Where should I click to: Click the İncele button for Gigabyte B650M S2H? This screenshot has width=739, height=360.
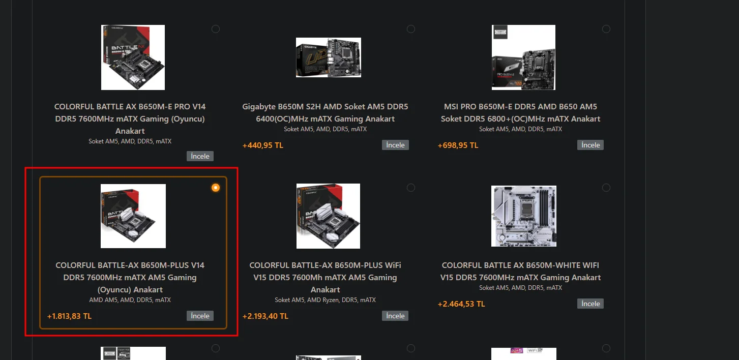click(x=395, y=145)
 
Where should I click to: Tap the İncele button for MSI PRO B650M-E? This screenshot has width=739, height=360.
click(x=590, y=145)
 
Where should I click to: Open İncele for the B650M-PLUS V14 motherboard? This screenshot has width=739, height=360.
click(x=200, y=316)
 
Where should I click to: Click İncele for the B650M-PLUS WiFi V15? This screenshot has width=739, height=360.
click(x=395, y=316)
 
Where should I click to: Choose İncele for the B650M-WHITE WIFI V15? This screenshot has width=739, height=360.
click(x=590, y=304)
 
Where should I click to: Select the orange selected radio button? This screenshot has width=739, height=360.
click(x=216, y=188)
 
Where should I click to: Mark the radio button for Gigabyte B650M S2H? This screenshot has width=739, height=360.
click(x=411, y=29)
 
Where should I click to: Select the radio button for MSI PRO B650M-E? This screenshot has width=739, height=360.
click(x=606, y=29)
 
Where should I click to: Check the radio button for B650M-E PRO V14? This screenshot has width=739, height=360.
click(x=216, y=29)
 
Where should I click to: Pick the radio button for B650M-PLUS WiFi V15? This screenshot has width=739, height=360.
click(x=411, y=188)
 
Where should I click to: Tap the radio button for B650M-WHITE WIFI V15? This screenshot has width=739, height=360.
click(x=606, y=188)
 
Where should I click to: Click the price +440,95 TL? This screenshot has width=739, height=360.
click(x=262, y=145)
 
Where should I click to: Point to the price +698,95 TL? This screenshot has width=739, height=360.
click(x=458, y=145)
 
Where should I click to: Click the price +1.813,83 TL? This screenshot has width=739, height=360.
click(x=69, y=316)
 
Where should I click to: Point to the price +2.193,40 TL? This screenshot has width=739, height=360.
click(x=265, y=316)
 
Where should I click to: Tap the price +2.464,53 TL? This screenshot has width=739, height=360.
click(x=461, y=304)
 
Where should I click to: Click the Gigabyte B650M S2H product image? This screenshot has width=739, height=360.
click(x=328, y=57)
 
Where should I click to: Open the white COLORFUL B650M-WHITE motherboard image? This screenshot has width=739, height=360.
click(x=523, y=216)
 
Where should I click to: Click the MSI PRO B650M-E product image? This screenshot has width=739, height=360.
click(x=523, y=57)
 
